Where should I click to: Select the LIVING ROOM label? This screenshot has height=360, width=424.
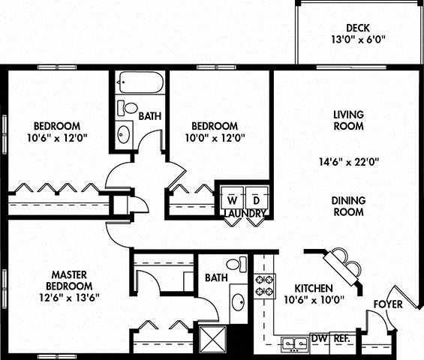click(348, 120)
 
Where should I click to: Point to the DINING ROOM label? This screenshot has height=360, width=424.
click(348, 206)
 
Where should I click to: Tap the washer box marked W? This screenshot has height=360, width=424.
click(231, 200)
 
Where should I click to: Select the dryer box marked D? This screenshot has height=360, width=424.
click(255, 200)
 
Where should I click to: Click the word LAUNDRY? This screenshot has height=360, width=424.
click(244, 214)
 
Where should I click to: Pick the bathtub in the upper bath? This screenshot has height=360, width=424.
click(140, 82)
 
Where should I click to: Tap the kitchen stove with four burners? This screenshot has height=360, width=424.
click(265, 286)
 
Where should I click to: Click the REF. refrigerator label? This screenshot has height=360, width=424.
click(341, 340)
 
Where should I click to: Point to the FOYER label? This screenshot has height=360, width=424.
click(388, 304)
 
